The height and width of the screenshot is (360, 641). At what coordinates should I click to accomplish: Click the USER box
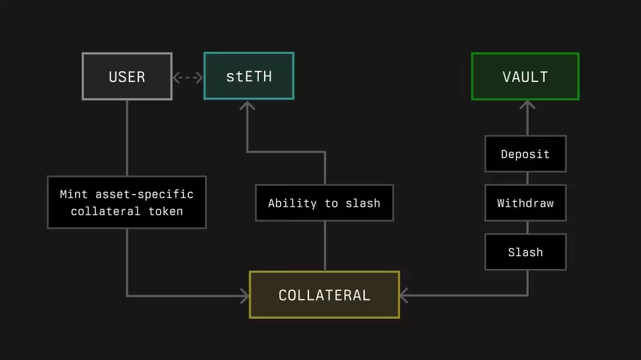tap(127, 76)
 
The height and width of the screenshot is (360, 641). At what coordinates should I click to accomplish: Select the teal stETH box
tap(249, 76)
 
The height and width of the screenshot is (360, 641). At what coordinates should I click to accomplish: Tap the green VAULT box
tap(525, 77)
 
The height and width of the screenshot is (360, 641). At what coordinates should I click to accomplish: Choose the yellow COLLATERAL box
tap(324, 295)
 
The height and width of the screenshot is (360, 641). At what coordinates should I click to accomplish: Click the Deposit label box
tap(525, 154)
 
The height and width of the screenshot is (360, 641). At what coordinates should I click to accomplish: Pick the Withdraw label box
tap(525, 203)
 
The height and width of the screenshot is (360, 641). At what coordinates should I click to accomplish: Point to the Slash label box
tap(525, 252)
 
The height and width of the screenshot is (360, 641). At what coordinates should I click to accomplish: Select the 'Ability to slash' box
tap(324, 203)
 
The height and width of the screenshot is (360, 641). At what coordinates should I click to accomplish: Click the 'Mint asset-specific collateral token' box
tap(127, 202)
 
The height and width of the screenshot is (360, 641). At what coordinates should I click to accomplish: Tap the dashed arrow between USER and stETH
tap(188, 78)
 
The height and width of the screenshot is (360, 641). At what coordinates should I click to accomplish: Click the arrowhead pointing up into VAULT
tap(527, 106)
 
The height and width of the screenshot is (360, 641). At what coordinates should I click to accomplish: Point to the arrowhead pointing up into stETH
tap(247, 106)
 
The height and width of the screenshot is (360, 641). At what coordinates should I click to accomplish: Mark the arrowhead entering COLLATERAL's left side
tap(244, 295)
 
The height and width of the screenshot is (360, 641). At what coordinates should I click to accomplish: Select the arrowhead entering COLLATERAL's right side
tap(404, 295)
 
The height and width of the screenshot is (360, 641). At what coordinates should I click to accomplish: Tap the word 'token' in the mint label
tap(166, 211)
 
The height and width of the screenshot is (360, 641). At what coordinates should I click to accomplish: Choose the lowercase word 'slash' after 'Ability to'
tap(363, 203)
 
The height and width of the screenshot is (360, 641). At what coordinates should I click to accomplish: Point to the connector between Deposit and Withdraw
tap(527, 178)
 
